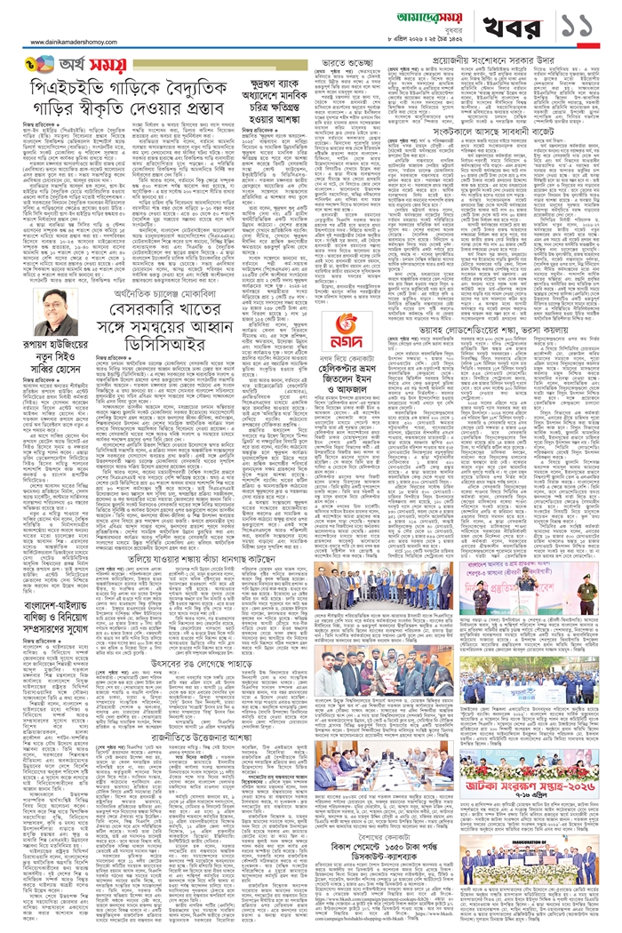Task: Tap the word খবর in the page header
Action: [x=498, y=26]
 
